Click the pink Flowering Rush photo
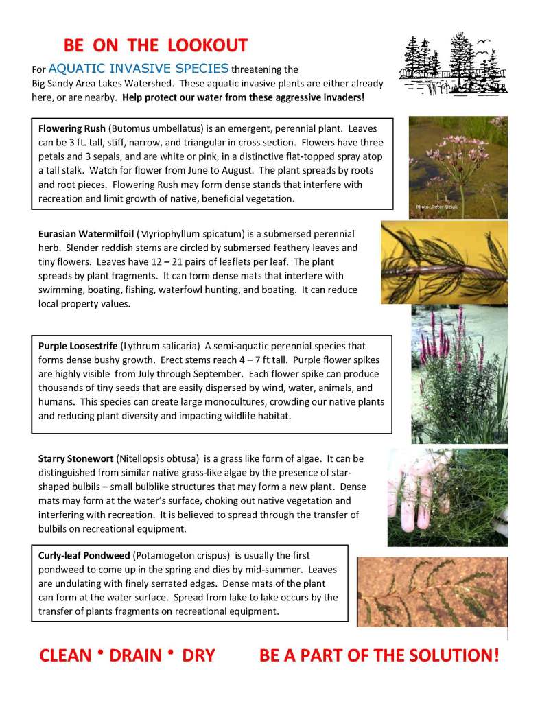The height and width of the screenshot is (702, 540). tap(458, 167)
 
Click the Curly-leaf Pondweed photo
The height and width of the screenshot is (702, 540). tap(432, 592)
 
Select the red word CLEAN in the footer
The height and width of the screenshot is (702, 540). tap(65, 655)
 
